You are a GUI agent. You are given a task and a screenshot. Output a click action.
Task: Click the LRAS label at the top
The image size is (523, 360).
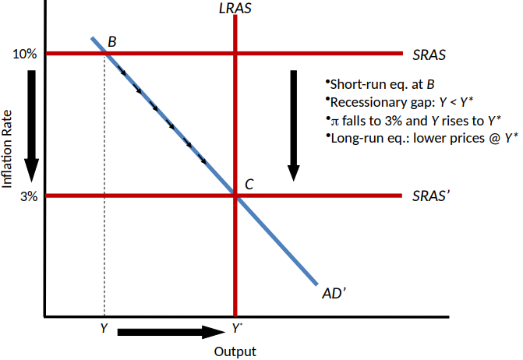[x=235, y=9]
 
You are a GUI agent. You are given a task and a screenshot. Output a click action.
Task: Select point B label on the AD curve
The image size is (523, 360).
[x=112, y=41]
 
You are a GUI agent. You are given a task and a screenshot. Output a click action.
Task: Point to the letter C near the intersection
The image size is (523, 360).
[x=249, y=185]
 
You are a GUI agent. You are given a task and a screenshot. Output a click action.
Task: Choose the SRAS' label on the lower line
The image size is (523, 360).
[x=431, y=196]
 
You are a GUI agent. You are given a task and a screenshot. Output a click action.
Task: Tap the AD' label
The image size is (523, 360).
[x=334, y=294]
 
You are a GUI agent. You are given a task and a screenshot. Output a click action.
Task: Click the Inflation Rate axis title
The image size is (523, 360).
[x=8, y=148]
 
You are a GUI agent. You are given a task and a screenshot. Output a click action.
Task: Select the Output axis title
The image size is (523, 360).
[x=235, y=351]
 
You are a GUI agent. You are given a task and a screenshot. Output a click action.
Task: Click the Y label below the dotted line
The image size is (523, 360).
[x=104, y=328]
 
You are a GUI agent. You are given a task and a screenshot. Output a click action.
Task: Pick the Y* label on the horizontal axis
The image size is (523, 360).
[x=236, y=328]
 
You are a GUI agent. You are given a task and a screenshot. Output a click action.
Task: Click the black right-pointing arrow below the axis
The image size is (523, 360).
[x=171, y=331]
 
